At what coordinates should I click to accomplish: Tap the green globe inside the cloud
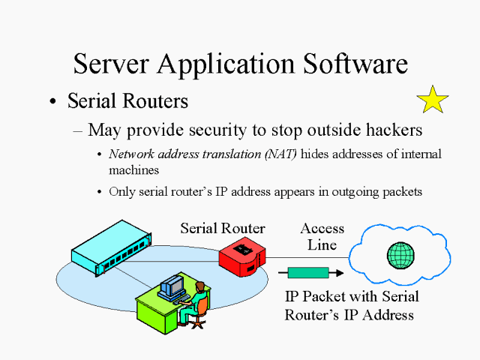(400, 255)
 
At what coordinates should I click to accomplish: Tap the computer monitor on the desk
(174, 285)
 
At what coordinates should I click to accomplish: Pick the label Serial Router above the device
(223, 228)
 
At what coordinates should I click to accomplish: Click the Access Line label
(322, 236)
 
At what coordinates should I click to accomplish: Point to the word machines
(133, 170)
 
